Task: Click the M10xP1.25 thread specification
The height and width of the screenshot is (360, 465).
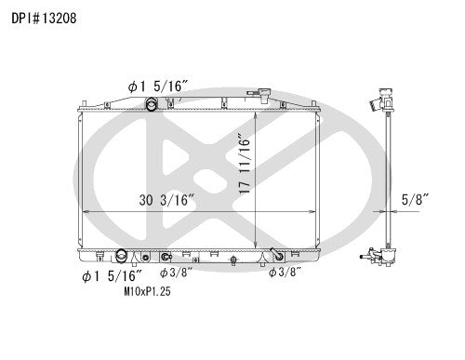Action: (147, 290)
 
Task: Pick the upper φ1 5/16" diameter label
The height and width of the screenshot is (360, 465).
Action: (159, 86)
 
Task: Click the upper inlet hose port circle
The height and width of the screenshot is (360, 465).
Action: (151, 101)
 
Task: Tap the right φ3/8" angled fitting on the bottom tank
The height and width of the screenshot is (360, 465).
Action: (276, 254)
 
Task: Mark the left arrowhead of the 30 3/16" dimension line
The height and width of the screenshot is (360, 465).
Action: (86, 212)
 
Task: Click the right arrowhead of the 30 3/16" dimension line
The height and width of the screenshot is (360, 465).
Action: (322, 212)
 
